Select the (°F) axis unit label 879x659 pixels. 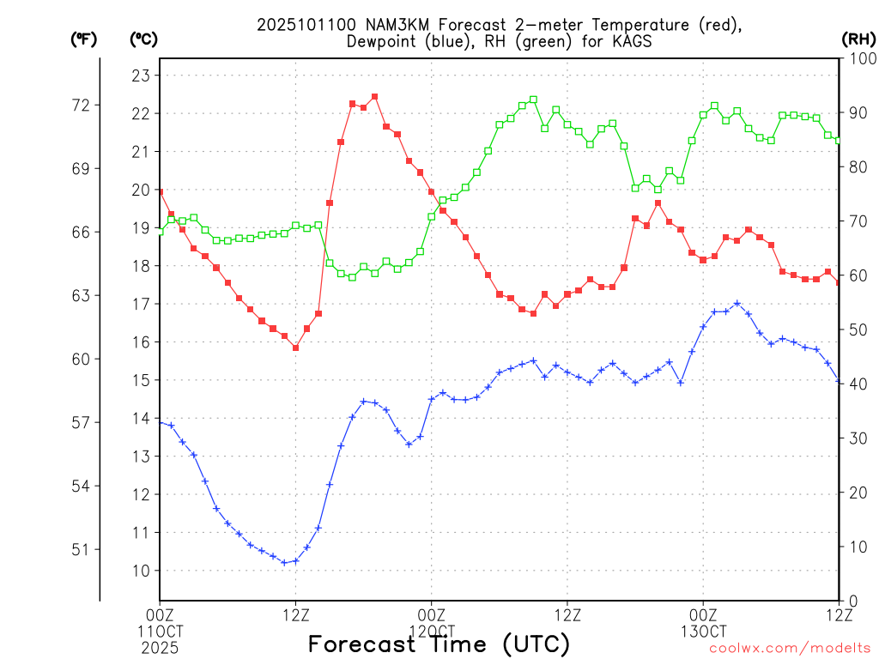point(83,39)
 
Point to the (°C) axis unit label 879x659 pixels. point(143,39)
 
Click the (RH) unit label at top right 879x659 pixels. point(857,39)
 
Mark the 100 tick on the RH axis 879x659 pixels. point(859,58)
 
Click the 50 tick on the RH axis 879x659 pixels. point(856,329)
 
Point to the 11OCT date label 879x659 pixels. point(160,631)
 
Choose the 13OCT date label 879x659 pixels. point(703,631)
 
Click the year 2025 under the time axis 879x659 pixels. point(160,648)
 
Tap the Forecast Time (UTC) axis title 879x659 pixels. point(439,644)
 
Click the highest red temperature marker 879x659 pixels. point(375,97)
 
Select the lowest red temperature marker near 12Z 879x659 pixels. point(295,348)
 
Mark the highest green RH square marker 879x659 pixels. point(533,100)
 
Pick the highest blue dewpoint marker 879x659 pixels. point(737,303)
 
